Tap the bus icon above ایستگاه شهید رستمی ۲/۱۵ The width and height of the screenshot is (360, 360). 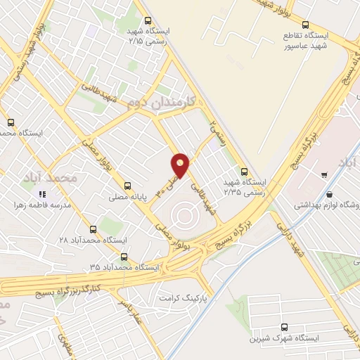pos(148,21)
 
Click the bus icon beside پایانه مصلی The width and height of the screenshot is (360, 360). pos(127,186)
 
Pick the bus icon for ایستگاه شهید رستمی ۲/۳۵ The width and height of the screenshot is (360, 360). pos(244,171)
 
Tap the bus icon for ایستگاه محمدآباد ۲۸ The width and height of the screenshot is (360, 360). pos(94,229)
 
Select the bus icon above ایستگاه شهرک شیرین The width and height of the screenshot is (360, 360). pos(284,327)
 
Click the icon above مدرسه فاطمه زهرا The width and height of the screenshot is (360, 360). pos(42,194)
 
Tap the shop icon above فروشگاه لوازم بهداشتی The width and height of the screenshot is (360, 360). pos(329,195)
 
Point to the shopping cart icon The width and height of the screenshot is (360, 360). pos(323,174)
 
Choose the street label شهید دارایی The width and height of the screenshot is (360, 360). pos(290,238)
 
